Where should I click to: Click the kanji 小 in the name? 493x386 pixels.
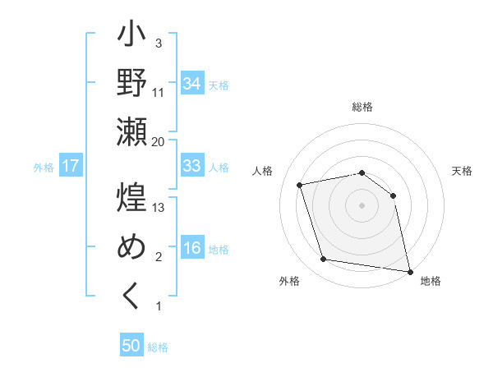click(131, 38)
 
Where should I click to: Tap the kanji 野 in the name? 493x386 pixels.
click(131, 85)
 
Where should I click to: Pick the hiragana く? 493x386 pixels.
click(131, 296)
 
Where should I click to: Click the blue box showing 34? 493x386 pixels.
click(192, 84)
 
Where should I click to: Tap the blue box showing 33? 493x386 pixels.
click(192, 166)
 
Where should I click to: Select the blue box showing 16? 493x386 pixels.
click(192, 249)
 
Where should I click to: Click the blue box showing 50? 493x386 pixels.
click(131, 346)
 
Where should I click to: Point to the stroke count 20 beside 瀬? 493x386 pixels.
click(158, 142)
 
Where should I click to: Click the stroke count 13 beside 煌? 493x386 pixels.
click(159, 208)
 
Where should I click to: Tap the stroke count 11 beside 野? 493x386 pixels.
click(159, 93)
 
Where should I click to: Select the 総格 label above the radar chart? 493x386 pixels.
click(362, 107)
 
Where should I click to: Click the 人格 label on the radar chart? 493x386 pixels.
click(265, 171)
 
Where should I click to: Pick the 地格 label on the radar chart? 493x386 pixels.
click(431, 281)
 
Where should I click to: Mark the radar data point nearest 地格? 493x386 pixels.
click(408, 270)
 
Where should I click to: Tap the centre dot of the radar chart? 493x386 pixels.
click(362, 205)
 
